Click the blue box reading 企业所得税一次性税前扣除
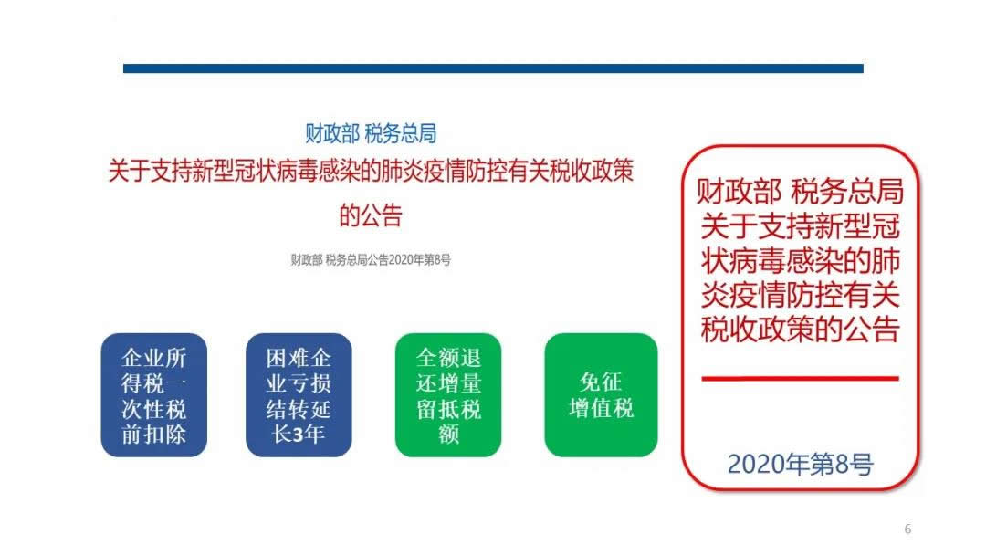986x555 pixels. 154,394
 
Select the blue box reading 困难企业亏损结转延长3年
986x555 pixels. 299,394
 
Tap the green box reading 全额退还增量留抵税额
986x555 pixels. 447,394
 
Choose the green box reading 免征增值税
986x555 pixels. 601,394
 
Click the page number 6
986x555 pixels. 907,529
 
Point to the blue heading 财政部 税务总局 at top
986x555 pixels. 371,133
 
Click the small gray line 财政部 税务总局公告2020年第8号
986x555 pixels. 371,259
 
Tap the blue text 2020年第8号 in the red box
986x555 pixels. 800,465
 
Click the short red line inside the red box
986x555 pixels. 800,378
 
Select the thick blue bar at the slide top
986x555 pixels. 493,68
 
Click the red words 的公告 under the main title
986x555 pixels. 371,215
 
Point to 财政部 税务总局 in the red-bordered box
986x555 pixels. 800,193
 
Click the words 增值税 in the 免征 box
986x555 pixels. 601,408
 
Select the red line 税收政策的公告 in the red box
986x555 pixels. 800,329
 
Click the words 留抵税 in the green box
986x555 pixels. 447,408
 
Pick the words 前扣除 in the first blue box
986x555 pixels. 154,434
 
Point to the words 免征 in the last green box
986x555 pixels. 601,382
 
